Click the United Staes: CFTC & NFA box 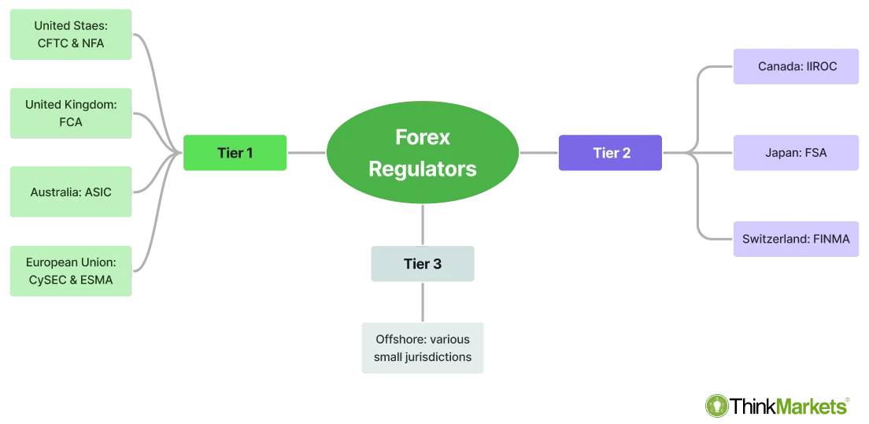click(x=71, y=35)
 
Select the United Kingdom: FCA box click(x=71, y=113)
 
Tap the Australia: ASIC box click(x=71, y=192)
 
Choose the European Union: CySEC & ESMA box click(x=71, y=270)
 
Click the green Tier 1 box click(x=235, y=153)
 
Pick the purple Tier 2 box click(x=610, y=153)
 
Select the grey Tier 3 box click(x=423, y=264)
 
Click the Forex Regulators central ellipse click(x=423, y=153)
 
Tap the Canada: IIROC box click(x=796, y=66)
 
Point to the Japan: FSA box click(x=796, y=153)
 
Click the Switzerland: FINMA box click(x=796, y=239)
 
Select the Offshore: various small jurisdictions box click(x=423, y=348)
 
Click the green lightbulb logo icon click(x=717, y=406)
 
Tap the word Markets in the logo click(x=812, y=406)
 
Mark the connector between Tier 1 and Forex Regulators click(x=307, y=153)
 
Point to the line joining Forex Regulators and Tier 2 click(x=538, y=153)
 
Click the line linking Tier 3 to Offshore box click(x=423, y=302)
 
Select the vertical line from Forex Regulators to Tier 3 click(x=423, y=225)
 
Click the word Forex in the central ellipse click(x=423, y=137)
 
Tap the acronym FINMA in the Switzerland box click(x=830, y=239)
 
